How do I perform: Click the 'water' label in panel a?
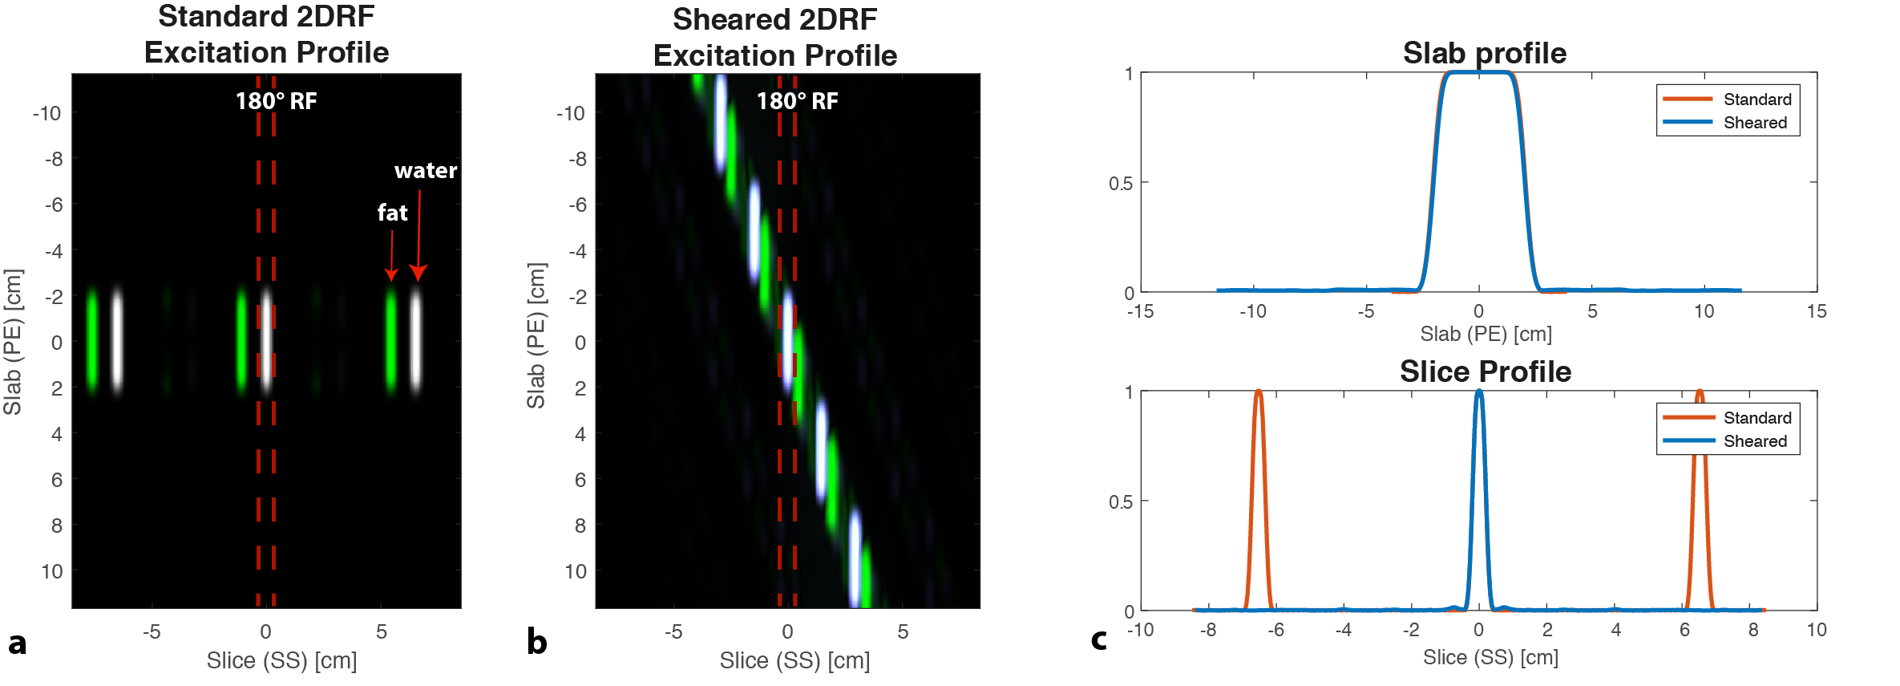[x=425, y=171]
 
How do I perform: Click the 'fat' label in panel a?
[x=392, y=213]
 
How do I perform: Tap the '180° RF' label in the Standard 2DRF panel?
[x=276, y=101]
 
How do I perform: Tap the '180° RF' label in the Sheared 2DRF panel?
[x=797, y=101]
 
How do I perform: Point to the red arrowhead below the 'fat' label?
[x=391, y=274]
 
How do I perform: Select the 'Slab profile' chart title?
[x=1484, y=53]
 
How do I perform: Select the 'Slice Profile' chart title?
[x=1485, y=371]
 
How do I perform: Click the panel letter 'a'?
[x=17, y=643]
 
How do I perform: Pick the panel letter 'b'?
[x=536, y=642]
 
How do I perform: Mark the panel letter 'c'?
[x=1099, y=640]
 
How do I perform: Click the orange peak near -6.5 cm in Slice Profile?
[x=1258, y=393]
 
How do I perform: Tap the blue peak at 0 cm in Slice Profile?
[x=1479, y=393]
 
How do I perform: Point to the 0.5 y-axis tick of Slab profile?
[x=1121, y=184]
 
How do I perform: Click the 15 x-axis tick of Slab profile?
[x=1816, y=311]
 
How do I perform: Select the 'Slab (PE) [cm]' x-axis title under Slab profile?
[x=1486, y=334]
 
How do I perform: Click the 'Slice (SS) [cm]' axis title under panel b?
[x=794, y=660]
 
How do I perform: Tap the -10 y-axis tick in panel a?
[x=46, y=113]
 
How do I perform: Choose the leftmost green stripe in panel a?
[x=92, y=341]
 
